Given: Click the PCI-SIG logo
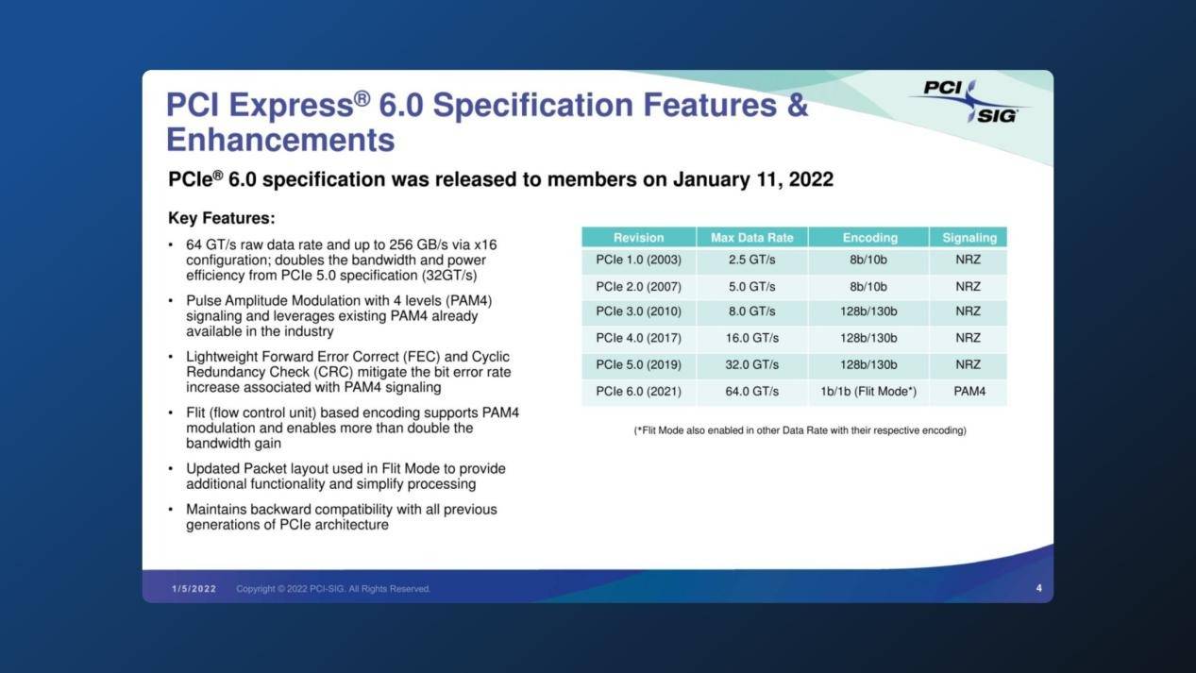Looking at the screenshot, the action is click(969, 101).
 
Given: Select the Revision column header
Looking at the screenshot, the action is click(638, 238).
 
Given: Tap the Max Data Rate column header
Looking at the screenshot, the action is click(751, 238).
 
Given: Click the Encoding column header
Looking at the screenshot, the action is click(869, 238).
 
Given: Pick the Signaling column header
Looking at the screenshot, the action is click(969, 238).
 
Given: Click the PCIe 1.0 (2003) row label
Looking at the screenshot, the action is click(638, 260).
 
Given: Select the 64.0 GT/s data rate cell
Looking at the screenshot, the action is click(751, 392).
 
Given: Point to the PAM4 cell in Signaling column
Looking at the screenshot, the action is click(969, 392).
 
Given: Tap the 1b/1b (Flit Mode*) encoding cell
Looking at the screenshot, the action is click(868, 392).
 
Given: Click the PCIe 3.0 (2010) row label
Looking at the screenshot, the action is click(638, 311).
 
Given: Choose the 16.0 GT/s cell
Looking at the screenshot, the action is click(751, 338).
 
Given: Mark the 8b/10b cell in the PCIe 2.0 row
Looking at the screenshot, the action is click(868, 287).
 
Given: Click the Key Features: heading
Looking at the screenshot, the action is click(222, 218).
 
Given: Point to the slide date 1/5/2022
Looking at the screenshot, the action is click(194, 589).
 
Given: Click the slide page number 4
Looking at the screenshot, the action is click(1039, 588).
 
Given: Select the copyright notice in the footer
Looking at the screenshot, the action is click(333, 589).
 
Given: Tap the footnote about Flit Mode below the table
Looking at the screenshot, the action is click(800, 430).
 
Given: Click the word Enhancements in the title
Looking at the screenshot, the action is click(281, 140).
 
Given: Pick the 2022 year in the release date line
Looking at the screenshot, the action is click(811, 179).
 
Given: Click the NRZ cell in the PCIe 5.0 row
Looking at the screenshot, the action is click(968, 365).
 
